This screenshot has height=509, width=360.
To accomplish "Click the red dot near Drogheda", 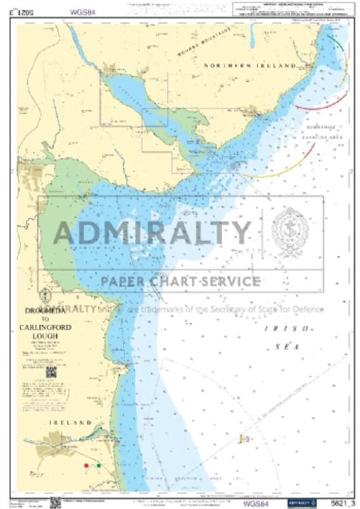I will pos(86,466).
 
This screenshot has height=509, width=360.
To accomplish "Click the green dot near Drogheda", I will pos(98,466).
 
